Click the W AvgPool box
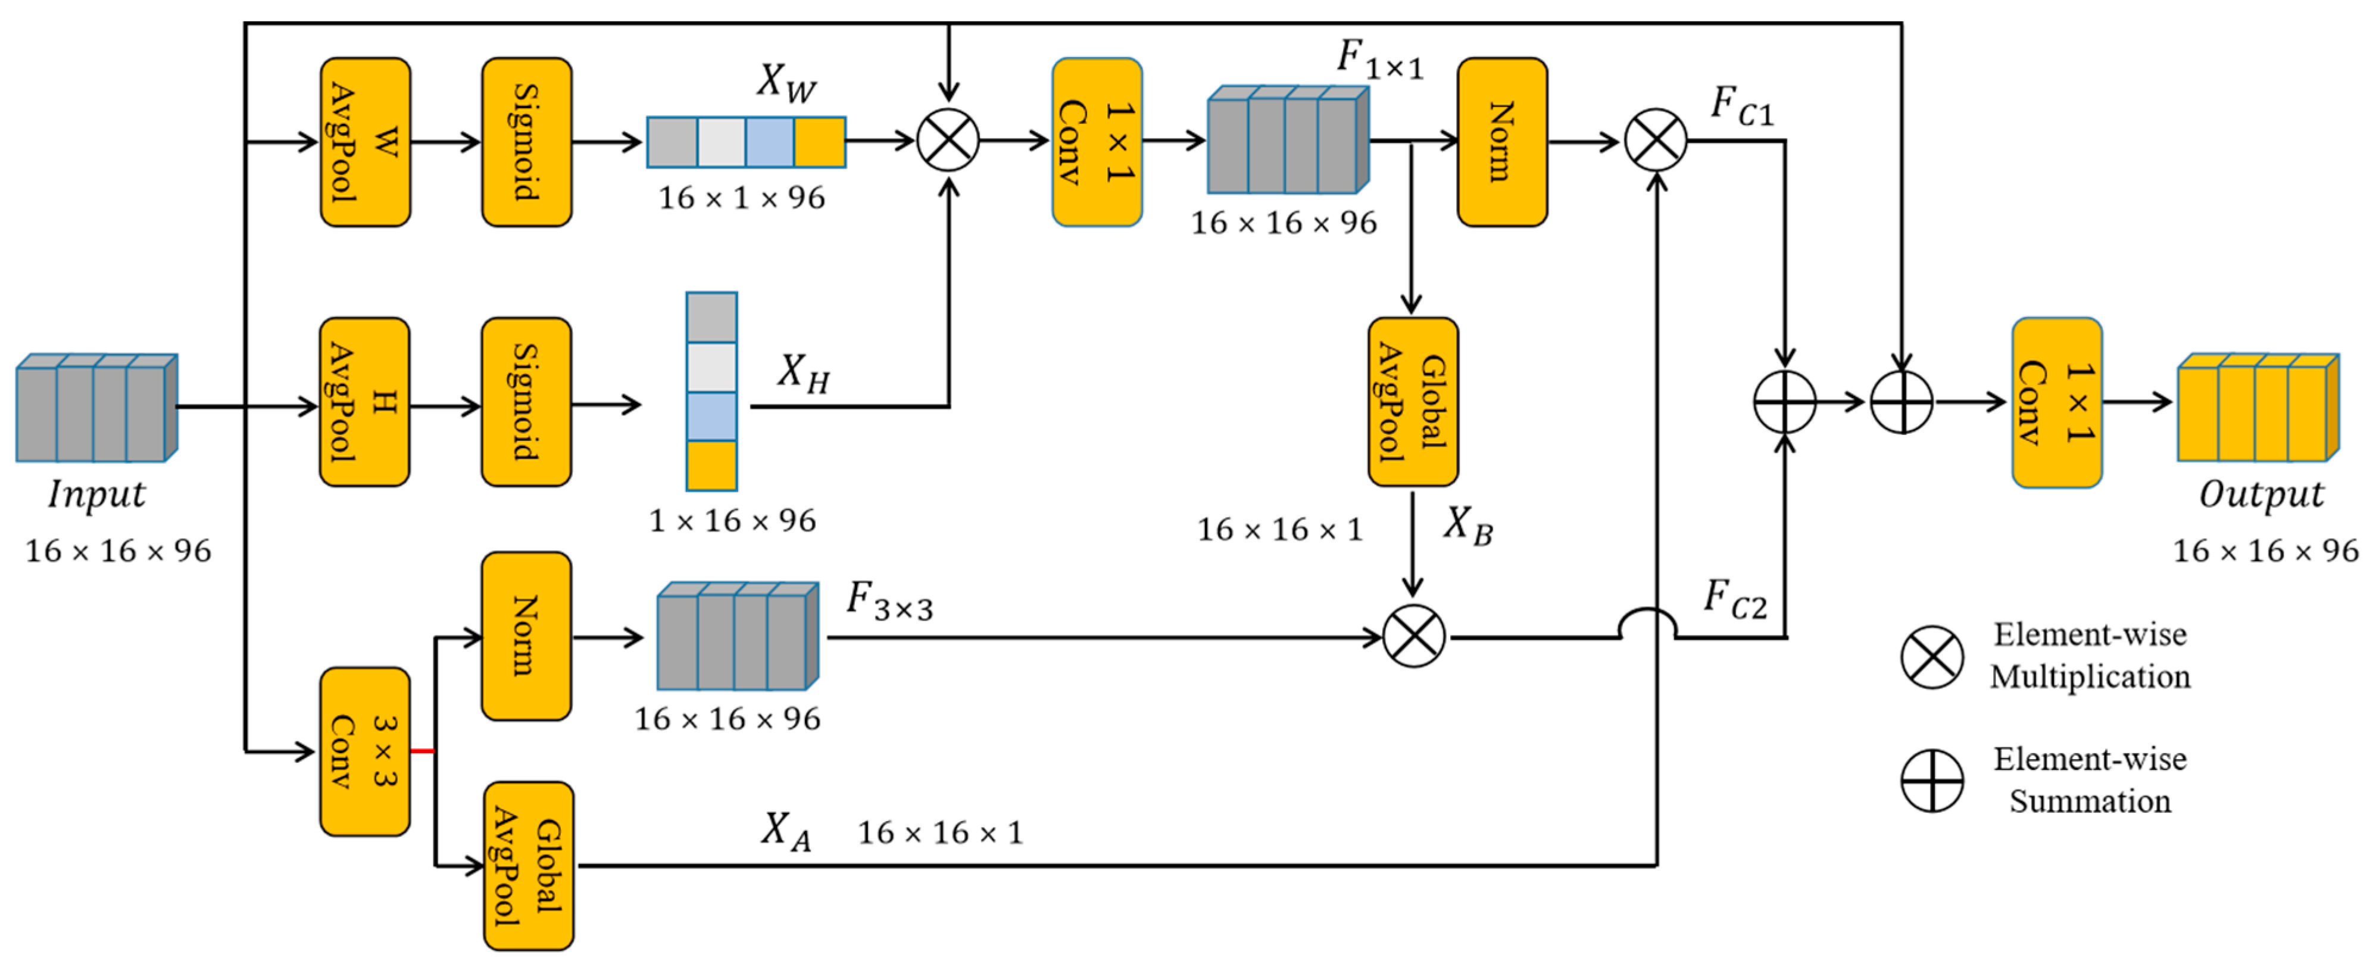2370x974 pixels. [366, 143]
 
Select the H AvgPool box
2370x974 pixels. [364, 402]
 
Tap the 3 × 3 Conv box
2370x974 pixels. [364, 751]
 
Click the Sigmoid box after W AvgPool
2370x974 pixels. [526, 143]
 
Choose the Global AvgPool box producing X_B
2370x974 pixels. [1412, 402]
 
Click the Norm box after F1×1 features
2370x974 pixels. [1501, 143]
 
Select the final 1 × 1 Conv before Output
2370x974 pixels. [2056, 402]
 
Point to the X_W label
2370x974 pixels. [786, 82]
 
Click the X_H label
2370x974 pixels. [803, 374]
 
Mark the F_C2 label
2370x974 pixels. [1734, 600]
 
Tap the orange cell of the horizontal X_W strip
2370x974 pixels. [819, 143]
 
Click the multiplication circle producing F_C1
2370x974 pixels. [1655, 141]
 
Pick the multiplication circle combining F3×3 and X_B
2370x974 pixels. [1413, 637]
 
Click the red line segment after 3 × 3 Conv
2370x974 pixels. [422, 751]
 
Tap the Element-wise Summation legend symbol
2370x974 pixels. [1932, 780]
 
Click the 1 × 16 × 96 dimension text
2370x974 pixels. [732, 521]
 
